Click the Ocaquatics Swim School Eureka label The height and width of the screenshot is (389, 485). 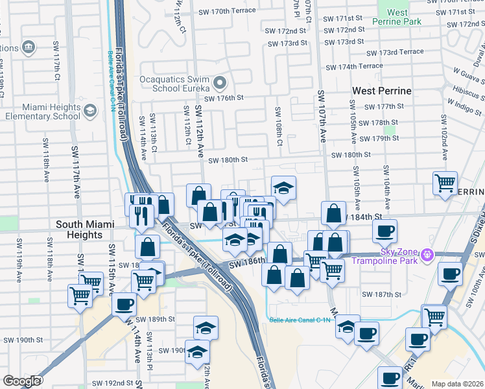(x=174, y=83)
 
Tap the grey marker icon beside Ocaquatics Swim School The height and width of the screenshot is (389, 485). (x=219, y=83)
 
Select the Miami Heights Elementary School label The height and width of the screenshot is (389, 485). (x=38, y=112)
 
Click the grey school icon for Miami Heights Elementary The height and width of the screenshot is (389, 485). (x=88, y=112)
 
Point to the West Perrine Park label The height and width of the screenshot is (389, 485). (x=397, y=17)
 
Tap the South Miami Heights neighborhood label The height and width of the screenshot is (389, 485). (x=78, y=230)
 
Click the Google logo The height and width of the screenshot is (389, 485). (x=21, y=381)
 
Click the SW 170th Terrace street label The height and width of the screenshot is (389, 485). (x=224, y=12)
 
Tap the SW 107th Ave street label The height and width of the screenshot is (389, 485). (x=322, y=117)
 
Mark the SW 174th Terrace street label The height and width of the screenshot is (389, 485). (x=354, y=67)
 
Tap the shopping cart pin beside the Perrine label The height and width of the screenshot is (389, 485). (x=445, y=183)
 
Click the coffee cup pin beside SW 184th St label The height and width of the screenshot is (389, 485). (x=384, y=230)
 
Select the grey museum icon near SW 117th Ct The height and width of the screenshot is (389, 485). (x=28, y=47)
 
